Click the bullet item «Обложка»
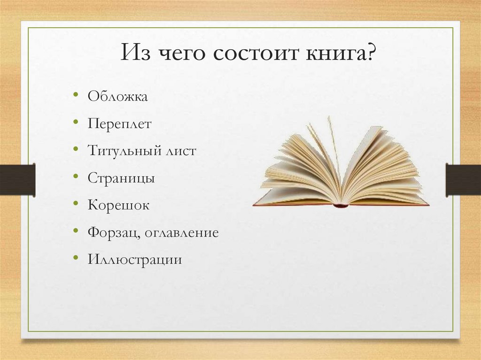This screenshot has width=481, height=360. click(117, 97)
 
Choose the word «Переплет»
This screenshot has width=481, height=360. click(119, 124)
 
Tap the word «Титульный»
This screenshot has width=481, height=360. click(120, 151)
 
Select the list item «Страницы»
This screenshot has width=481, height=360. click(121, 178)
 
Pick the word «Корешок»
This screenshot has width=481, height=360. click(118, 205)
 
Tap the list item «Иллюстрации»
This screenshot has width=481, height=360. click(134, 259)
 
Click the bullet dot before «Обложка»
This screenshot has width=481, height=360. click(76, 96)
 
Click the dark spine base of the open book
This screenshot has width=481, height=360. click(341, 205)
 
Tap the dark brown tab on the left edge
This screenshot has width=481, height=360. click(17, 180)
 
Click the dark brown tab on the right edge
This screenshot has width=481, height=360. click(463, 180)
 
